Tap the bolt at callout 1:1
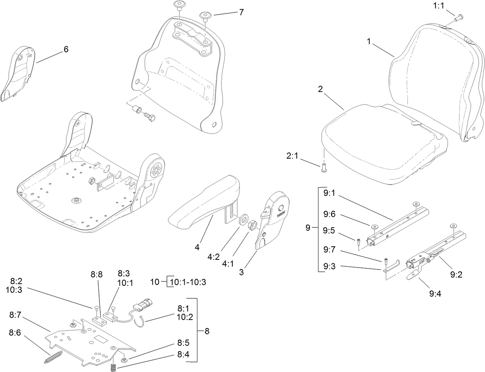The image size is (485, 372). [x=460, y=17]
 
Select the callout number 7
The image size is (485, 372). [x=241, y=12]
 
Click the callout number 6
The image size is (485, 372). [x=66, y=49]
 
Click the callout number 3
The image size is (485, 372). [x=241, y=272]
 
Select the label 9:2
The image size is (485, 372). [x=456, y=274]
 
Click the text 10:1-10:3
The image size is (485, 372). [x=188, y=282]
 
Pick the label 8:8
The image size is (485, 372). [x=97, y=274]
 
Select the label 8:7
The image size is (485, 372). [x=16, y=315]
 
